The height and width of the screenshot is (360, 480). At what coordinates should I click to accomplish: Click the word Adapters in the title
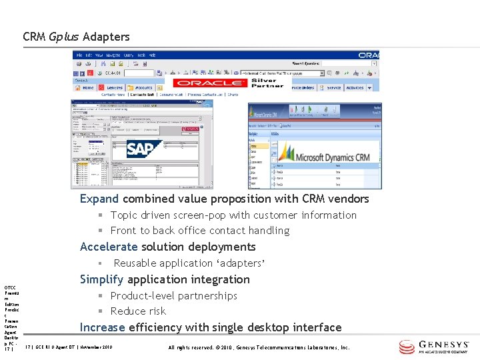click(106, 37)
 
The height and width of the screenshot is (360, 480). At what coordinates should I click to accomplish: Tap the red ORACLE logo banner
click(209, 83)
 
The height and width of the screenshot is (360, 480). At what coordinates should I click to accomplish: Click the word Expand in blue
click(99, 199)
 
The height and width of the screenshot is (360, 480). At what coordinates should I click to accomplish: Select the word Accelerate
click(109, 247)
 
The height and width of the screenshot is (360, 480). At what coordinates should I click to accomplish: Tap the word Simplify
click(102, 279)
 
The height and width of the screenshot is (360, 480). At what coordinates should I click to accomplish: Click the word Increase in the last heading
click(103, 327)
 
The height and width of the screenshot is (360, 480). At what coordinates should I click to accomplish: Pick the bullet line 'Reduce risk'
click(138, 311)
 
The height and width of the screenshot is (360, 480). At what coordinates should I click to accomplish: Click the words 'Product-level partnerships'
click(173, 295)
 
